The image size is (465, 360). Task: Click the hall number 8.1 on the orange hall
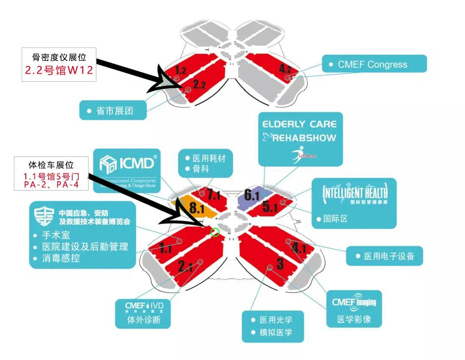click(196, 208)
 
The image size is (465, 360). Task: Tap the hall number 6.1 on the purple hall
click(252, 196)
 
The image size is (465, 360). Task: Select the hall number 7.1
click(213, 195)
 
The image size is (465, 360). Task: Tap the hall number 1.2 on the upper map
click(181, 70)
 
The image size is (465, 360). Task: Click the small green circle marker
click(215, 232)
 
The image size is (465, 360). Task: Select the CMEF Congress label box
click(374, 64)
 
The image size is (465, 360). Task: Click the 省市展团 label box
click(113, 111)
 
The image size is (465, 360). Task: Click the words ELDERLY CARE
click(300, 124)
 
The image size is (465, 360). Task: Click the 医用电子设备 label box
click(384, 256)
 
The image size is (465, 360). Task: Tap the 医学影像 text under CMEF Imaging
click(353, 320)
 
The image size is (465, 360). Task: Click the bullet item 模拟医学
click(276, 332)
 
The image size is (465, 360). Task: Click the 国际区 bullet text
click(335, 219)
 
